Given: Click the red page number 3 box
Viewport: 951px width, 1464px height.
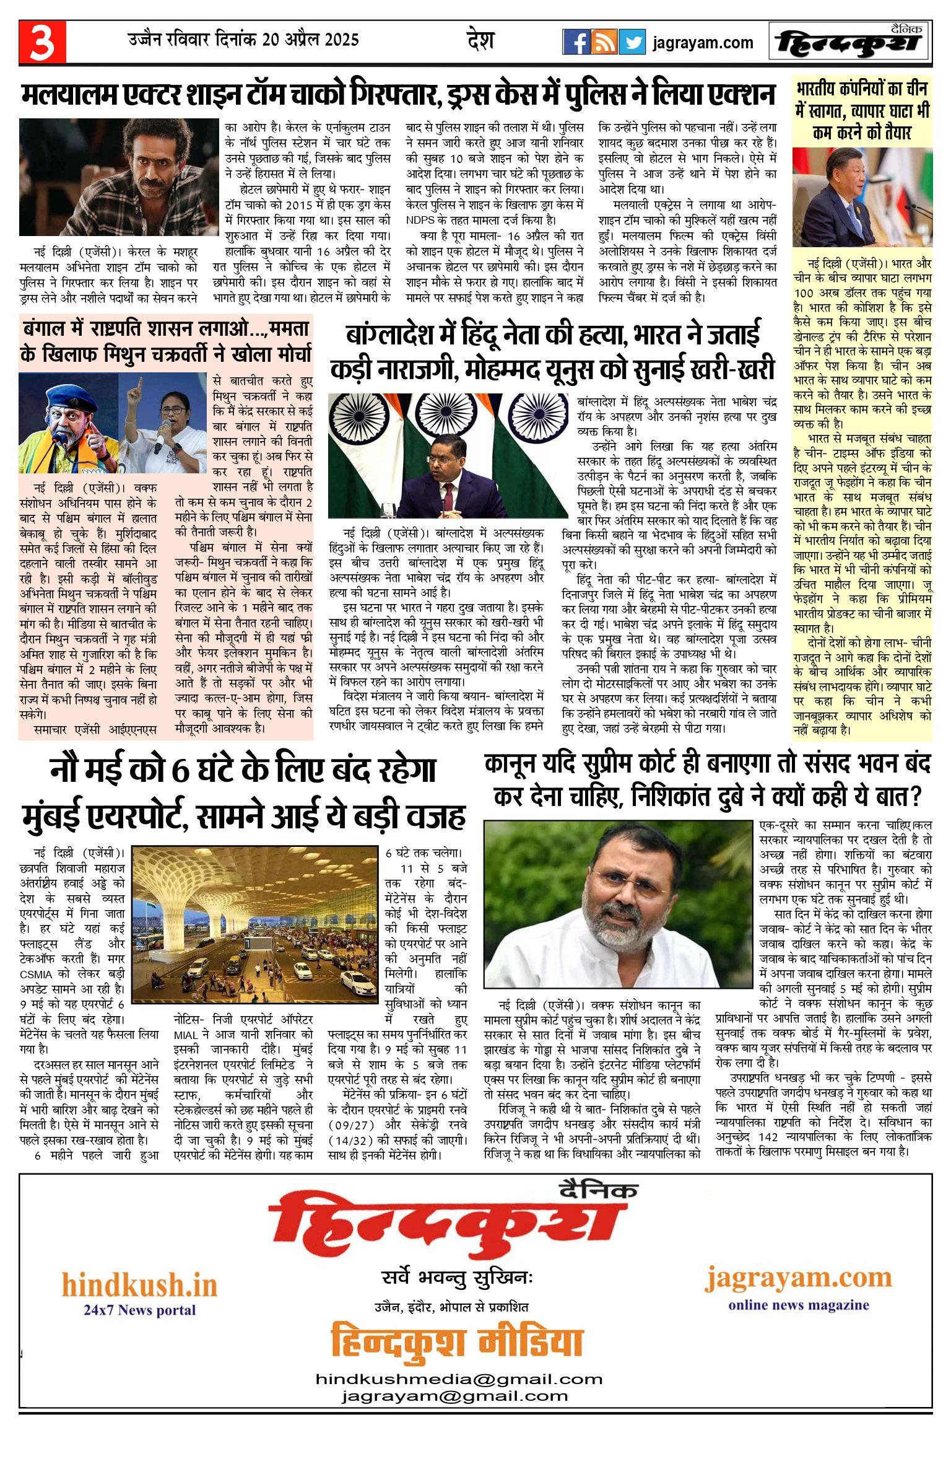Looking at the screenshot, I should (x=42, y=42).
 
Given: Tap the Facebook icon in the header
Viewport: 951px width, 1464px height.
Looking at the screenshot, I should (x=576, y=42).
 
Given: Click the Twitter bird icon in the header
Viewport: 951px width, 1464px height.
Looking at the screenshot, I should (x=632, y=42).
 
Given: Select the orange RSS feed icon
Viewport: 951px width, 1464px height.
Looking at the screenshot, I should (x=604, y=42).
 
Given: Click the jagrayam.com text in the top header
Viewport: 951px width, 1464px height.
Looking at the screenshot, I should (x=703, y=43).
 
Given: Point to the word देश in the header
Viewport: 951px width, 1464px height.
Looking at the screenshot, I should (x=480, y=41).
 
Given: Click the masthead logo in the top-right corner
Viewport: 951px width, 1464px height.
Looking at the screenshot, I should (x=849, y=42).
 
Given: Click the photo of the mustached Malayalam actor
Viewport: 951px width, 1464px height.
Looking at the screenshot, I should (x=119, y=177).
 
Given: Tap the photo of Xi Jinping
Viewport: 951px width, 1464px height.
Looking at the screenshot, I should (x=862, y=197).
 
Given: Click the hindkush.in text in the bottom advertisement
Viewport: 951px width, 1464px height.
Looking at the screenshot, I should (x=139, y=1285).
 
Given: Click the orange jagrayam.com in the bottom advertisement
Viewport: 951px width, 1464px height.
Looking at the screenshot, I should (x=798, y=1278).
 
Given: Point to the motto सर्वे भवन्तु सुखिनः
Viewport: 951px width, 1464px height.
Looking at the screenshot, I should (x=458, y=1278).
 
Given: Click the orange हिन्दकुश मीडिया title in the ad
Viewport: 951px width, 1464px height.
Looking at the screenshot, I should (x=458, y=1341).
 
